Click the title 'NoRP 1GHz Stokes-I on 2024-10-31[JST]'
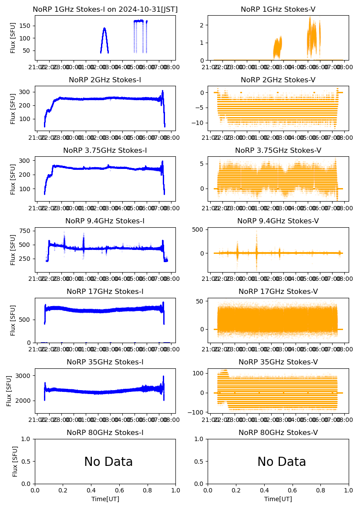pos(105,9)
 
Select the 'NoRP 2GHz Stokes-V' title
pos(278,80)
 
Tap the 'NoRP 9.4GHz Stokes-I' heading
pos(105,221)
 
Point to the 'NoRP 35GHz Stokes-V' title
pos(278,362)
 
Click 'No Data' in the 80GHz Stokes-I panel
pos(108,462)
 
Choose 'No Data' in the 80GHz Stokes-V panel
pos(282,462)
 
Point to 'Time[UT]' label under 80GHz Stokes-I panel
pos(105,499)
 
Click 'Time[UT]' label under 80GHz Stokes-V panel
pos(278,499)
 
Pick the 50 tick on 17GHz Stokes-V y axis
pos(200,301)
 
